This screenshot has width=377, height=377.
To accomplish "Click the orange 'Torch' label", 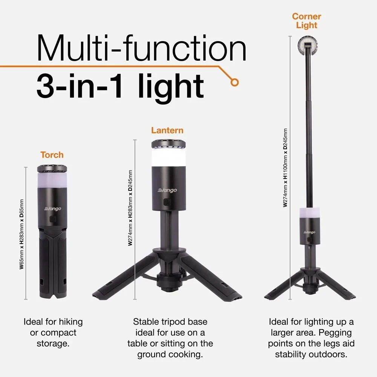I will (x=52, y=155).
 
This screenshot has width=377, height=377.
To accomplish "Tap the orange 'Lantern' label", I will (x=167, y=130).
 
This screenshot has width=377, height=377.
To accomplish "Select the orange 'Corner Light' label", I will (x=307, y=21).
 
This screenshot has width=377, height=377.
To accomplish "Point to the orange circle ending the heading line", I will (x=235, y=81).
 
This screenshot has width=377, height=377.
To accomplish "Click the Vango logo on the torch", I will (x=52, y=208).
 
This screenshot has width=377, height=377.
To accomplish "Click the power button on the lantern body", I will (x=167, y=202).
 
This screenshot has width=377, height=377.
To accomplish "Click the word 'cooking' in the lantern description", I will (x=188, y=354).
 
